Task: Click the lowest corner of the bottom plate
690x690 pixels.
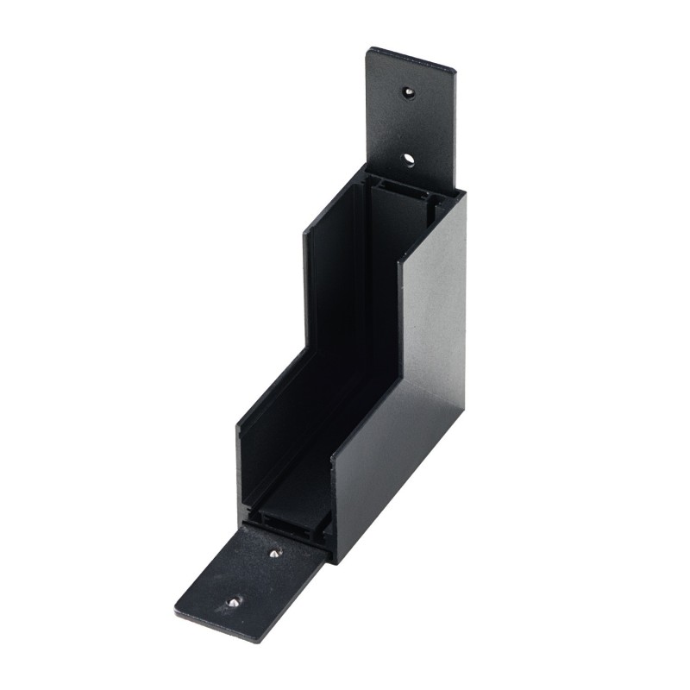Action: pyautogui.click(x=256, y=641)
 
